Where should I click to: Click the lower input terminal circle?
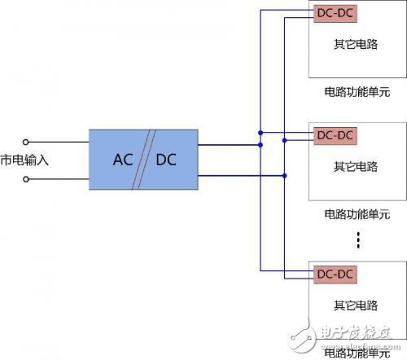[26, 178]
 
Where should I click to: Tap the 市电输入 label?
[25, 160]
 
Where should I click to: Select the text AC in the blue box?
[123, 159]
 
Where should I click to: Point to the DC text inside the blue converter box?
[166, 159]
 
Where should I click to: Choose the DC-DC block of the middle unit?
[335, 134]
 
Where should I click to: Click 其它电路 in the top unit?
[356, 44]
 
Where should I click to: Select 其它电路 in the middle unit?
[356, 167]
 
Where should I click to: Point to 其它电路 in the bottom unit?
[356, 305]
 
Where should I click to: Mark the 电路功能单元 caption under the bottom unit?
[356, 353]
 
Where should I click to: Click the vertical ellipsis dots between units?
[357, 240]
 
